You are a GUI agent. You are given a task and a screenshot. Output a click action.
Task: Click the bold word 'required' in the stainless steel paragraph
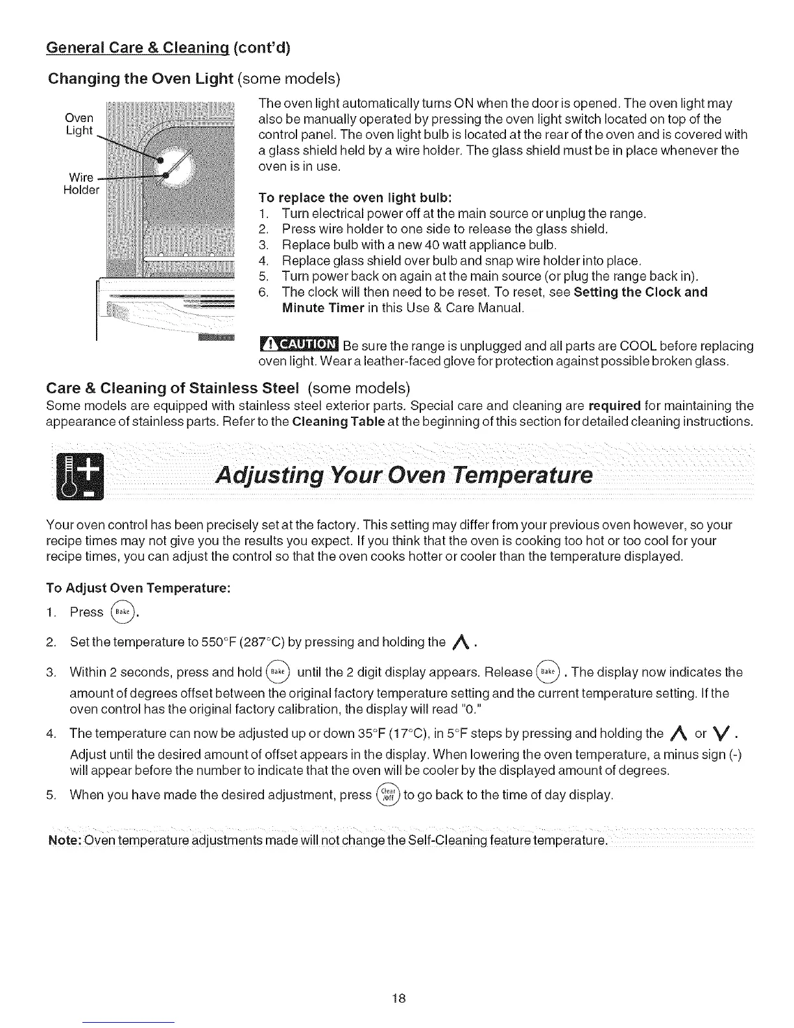(x=614, y=406)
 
